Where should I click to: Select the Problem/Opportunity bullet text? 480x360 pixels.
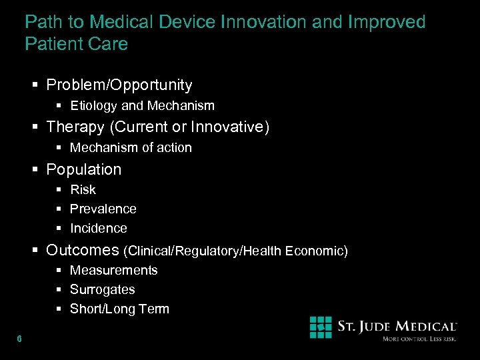pos(119,85)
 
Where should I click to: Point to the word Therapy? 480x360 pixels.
pos(75,127)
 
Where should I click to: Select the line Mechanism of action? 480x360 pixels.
pos(131,148)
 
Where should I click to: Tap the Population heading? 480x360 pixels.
pos(84,170)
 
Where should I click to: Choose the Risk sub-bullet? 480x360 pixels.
pos(83,190)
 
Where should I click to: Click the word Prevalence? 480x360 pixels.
pos(103,209)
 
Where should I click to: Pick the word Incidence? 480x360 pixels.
pos(99,229)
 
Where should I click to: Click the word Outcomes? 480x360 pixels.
pos(83,251)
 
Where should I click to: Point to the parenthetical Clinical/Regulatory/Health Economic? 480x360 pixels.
pos(236,251)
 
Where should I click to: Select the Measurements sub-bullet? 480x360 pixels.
pos(114,271)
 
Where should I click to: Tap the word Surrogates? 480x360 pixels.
pos(103,290)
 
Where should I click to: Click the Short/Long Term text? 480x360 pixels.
pos(120,309)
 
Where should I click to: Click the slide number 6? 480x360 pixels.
pos(19,339)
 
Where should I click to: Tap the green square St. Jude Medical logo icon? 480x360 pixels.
pos(321,327)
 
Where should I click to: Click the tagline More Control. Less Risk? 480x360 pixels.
pos(419,339)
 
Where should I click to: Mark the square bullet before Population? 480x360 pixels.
pos(36,170)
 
